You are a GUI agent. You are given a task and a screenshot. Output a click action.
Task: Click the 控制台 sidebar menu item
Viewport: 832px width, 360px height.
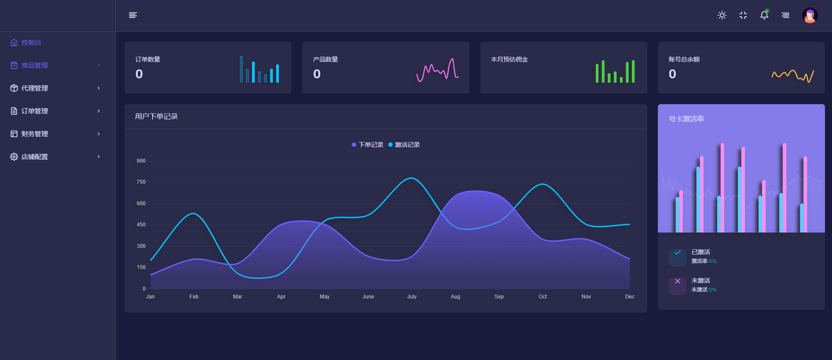pyautogui.click(x=31, y=43)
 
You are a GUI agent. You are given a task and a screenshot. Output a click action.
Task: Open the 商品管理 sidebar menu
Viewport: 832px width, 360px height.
pyautogui.click(x=35, y=65)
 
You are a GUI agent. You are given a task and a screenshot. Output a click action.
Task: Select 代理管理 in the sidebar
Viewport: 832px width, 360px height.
pyautogui.click(x=35, y=88)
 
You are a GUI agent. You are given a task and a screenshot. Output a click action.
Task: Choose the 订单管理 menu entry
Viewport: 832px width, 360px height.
pyautogui.click(x=35, y=111)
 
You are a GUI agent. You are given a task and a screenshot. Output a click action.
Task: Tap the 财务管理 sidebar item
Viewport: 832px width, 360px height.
pyautogui.click(x=35, y=134)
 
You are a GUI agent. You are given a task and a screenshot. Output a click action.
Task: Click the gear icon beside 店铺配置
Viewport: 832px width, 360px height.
pyautogui.click(x=14, y=157)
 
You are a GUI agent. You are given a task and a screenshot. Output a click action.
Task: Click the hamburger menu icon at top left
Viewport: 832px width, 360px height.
pyautogui.click(x=133, y=15)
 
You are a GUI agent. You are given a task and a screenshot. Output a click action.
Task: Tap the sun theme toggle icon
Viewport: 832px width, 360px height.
pyautogui.click(x=722, y=15)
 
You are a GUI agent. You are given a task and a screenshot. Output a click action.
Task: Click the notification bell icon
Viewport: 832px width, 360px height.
pyautogui.click(x=764, y=15)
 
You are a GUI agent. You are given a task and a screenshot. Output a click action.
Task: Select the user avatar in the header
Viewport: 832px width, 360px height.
pyautogui.click(x=810, y=15)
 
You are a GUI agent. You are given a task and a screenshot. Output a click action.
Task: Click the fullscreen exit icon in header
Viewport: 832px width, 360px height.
pyautogui.click(x=743, y=15)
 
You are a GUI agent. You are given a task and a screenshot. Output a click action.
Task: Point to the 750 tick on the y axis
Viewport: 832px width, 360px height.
pyautogui.click(x=141, y=182)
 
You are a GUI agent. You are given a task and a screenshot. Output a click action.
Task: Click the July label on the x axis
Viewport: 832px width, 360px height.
pyautogui.click(x=412, y=297)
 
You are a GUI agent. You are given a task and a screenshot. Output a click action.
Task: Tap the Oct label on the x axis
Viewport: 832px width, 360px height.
pyautogui.click(x=543, y=297)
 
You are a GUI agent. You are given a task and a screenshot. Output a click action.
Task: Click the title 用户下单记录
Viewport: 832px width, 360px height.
pyautogui.click(x=156, y=116)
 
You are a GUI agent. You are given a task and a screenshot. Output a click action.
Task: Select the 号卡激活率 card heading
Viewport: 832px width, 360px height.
pyautogui.click(x=686, y=119)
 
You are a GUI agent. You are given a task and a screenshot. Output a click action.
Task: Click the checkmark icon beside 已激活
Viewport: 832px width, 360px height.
pyautogui.click(x=678, y=253)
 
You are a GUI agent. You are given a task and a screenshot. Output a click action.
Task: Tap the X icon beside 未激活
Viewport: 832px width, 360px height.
pyautogui.click(x=678, y=281)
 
